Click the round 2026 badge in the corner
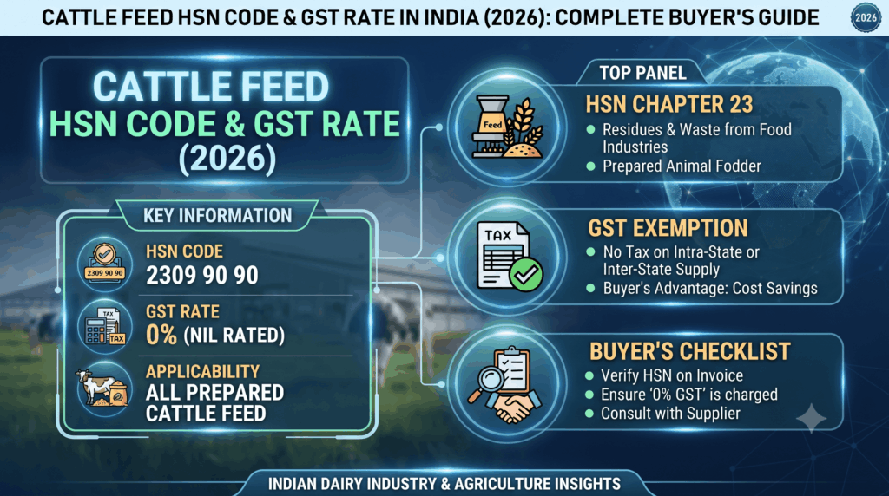click(x=866, y=17)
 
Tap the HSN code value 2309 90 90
click(x=202, y=276)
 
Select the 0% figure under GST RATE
click(x=161, y=335)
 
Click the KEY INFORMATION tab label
click(x=217, y=216)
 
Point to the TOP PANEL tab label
click(x=643, y=73)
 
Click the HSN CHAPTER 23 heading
click(x=669, y=105)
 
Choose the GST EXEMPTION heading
click(x=668, y=228)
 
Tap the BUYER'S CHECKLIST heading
click(x=689, y=351)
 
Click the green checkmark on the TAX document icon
click(x=525, y=275)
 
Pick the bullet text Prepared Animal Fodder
click(x=682, y=166)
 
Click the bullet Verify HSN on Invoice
click(x=672, y=376)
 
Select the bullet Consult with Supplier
click(x=670, y=414)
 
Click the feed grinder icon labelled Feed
click(x=491, y=126)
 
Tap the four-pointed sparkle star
click(x=812, y=419)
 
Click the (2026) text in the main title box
click(x=227, y=159)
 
